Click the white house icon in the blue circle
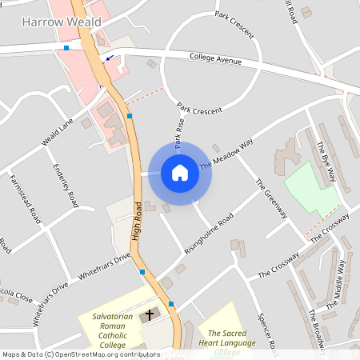point(180,173)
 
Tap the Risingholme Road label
point(207,231)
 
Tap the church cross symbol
point(149,316)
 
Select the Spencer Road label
point(266,330)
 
